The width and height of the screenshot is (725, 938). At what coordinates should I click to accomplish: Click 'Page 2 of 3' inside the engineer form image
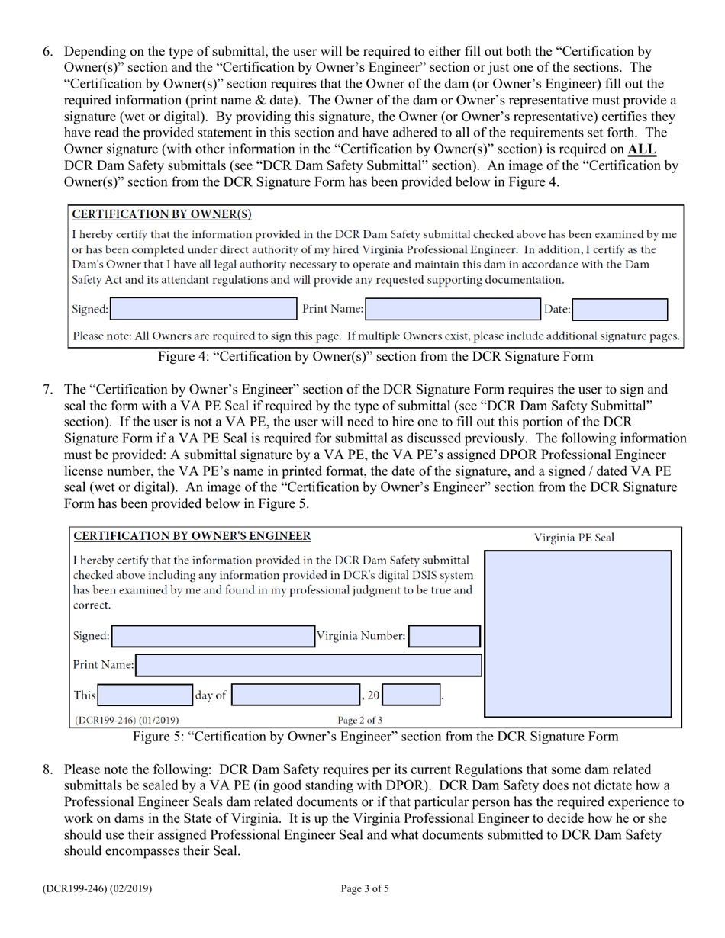(x=360, y=718)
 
